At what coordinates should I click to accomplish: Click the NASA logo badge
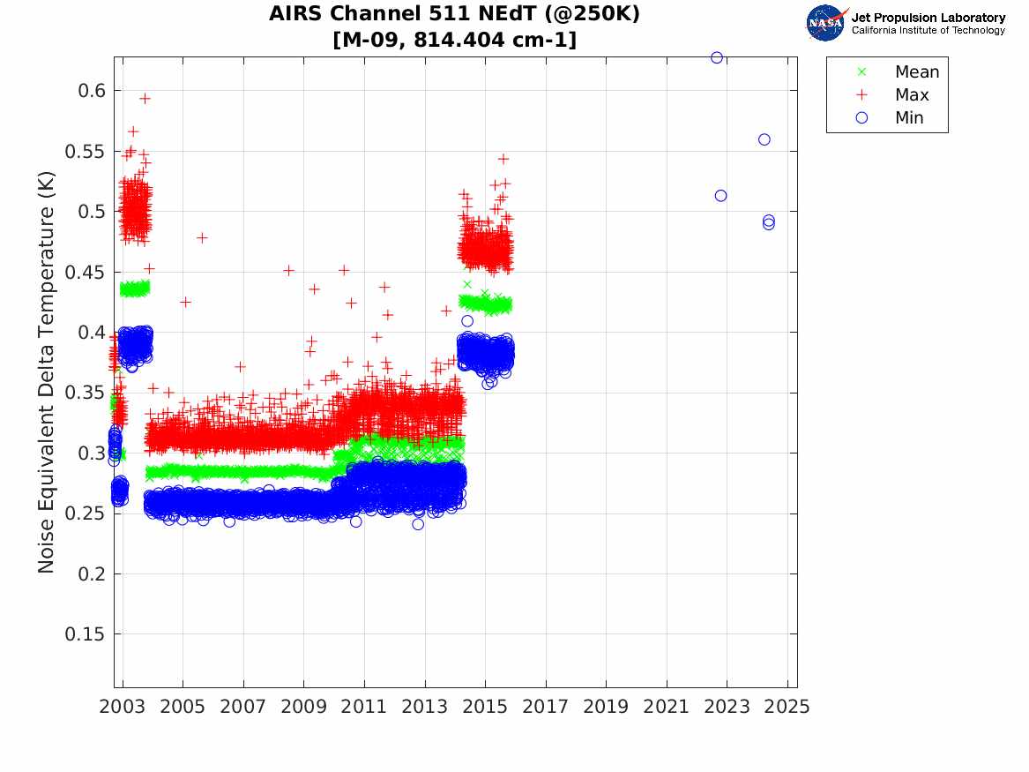[825, 23]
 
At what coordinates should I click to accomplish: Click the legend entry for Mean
[917, 72]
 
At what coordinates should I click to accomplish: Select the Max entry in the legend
[911, 95]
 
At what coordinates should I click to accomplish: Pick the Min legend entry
[909, 118]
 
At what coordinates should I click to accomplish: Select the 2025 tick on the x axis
[787, 708]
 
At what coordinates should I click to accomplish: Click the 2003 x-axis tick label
[123, 708]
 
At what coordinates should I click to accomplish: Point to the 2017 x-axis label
[546, 708]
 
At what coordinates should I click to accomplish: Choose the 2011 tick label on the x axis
[364, 708]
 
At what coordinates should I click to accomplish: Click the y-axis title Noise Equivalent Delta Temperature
[47, 372]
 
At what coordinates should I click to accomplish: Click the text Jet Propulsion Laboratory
[928, 18]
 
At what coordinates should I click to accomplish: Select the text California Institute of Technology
[928, 31]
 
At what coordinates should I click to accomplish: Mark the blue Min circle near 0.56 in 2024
[764, 139]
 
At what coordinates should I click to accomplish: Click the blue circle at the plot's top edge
[717, 58]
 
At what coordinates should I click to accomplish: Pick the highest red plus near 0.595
[145, 99]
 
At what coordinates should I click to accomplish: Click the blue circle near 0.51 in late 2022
[720, 196]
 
